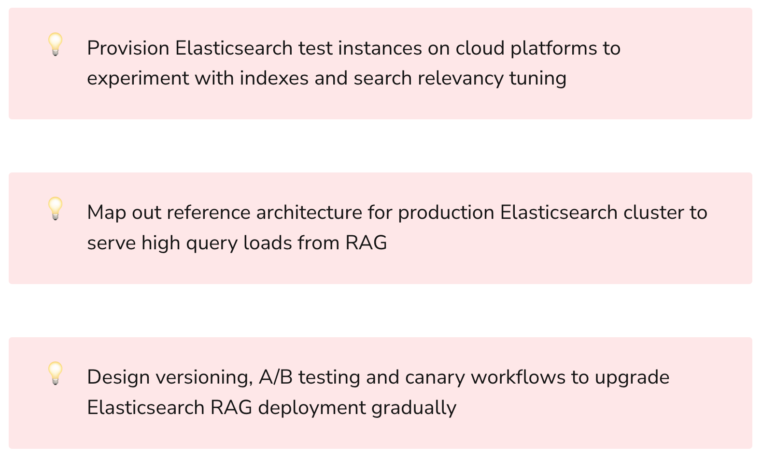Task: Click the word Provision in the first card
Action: pos(128,48)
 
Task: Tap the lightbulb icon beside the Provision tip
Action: pos(56,44)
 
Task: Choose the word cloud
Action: pos(480,48)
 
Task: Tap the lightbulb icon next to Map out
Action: pos(56,208)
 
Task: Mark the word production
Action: pos(446,213)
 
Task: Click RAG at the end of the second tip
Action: pos(366,243)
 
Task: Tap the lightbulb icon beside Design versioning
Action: pos(56,373)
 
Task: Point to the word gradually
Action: pos(414,408)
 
